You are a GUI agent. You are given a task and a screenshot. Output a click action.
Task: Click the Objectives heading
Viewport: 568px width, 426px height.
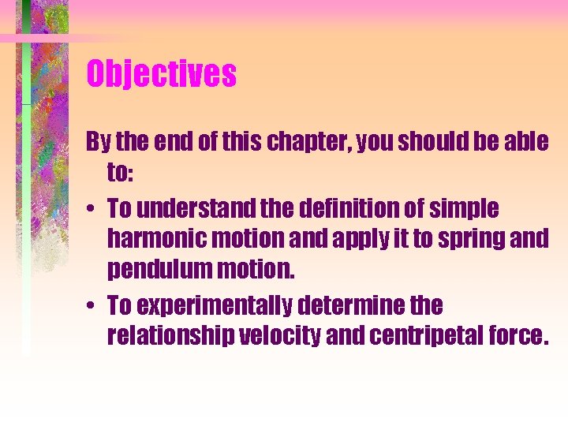pyautogui.click(x=161, y=75)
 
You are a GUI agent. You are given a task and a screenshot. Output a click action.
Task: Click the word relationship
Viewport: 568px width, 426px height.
pyautogui.click(x=171, y=336)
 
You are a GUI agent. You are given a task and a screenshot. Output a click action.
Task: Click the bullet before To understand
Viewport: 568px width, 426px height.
pyautogui.click(x=92, y=210)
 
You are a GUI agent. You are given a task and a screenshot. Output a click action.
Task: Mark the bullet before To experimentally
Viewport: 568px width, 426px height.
pyautogui.click(x=92, y=305)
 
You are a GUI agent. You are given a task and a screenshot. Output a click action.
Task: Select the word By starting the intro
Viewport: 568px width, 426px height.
pyautogui.click(x=98, y=143)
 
